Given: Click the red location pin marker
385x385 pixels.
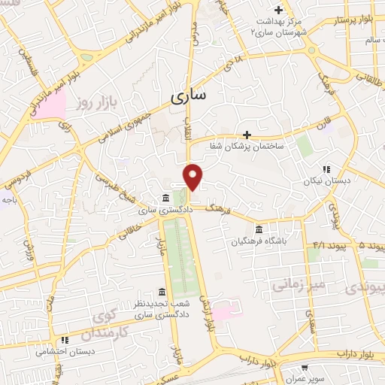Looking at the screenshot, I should click(193, 177).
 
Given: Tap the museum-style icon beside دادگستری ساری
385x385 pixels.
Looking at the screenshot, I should click(165, 199).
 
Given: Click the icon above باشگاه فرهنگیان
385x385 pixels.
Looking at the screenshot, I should click(259, 229).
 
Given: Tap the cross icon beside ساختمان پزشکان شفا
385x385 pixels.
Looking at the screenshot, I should click(247, 133).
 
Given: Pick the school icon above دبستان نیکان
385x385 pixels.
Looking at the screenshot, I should click(326, 169).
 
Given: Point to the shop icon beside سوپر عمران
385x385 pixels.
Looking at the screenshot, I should click(303, 368).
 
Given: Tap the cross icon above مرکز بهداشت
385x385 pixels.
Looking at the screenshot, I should click(279, 10).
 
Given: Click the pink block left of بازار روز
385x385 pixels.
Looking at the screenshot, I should click(48, 105).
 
